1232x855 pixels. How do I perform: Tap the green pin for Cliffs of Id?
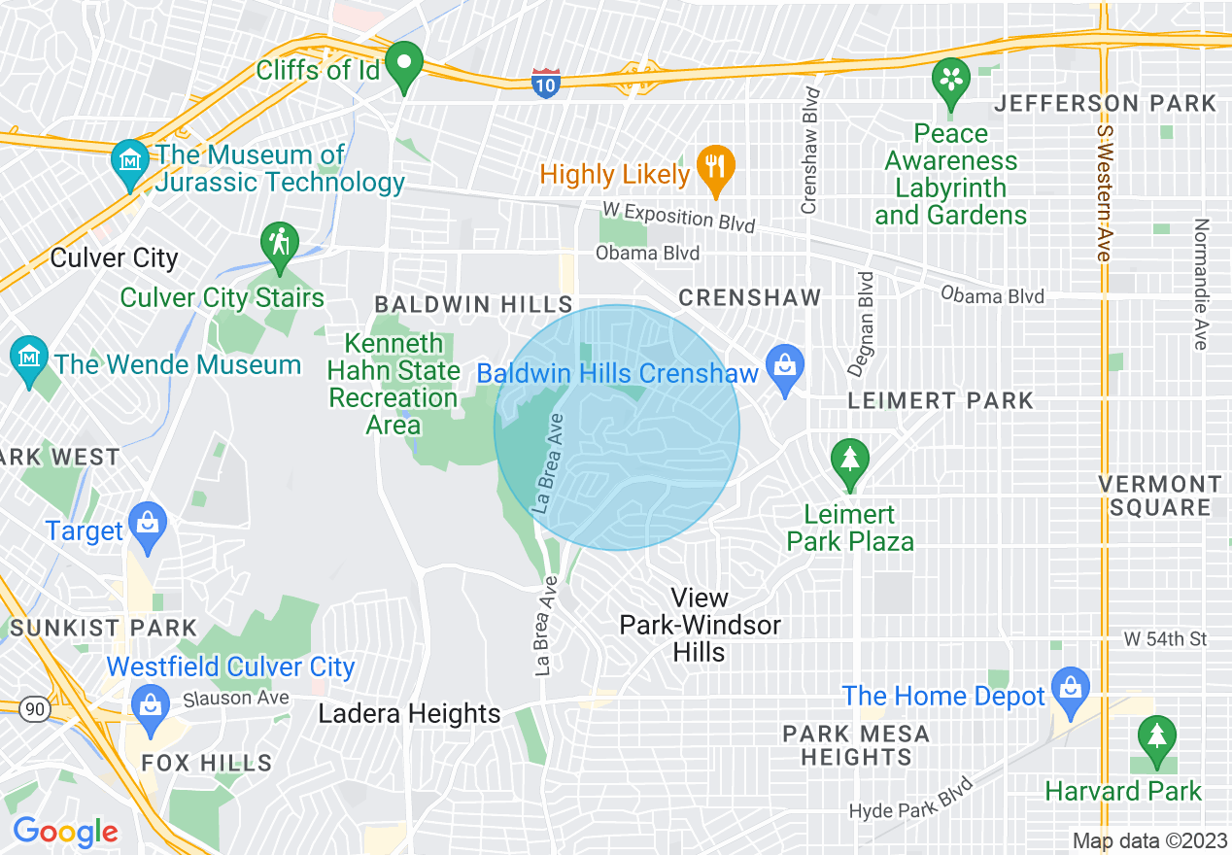(403, 66)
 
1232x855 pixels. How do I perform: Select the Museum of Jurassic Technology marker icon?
(128, 165)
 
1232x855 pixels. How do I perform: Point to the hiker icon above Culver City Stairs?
(280, 245)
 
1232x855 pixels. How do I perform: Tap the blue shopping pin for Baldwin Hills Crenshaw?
(783, 368)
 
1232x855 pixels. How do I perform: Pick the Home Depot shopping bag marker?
(1070, 689)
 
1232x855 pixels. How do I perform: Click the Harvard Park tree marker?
(1156, 740)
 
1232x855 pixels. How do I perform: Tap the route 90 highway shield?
(35, 709)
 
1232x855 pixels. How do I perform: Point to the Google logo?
(65, 832)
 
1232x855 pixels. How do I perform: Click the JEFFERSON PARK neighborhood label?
(1105, 103)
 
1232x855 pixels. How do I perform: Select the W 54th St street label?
(1165, 639)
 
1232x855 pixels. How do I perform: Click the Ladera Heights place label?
(409, 714)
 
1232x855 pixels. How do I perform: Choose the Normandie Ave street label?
(1201, 284)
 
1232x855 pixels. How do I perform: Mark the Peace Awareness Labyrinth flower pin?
(951, 82)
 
